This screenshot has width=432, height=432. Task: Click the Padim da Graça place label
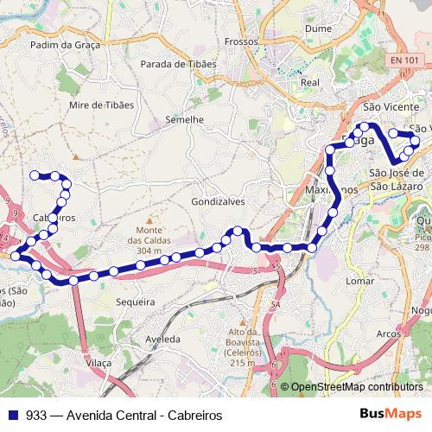click(x=65, y=44)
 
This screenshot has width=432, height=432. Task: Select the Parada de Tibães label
click(x=178, y=63)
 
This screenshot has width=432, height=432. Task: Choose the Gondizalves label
click(x=217, y=200)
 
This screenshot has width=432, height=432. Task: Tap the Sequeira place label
click(x=135, y=302)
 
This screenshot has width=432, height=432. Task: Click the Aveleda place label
click(x=162, y=339)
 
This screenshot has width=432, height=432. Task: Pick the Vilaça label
click(x=99, y=364)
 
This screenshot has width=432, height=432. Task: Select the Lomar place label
click(x=359, y=281)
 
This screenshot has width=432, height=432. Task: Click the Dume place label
click(x=319, y=28)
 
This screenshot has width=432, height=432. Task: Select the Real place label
click(x=310, y=82)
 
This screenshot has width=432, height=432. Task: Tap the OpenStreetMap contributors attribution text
click(x=356, y=388)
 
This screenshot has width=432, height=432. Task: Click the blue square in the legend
click(x=14, y=416)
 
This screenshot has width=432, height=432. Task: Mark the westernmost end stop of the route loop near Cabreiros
click(x=35, y=175)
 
